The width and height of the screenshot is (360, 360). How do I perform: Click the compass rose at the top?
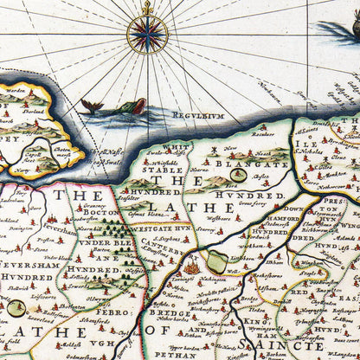tap(147, 35)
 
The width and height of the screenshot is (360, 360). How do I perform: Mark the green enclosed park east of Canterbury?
tap(215, 261)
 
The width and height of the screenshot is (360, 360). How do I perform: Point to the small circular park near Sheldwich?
tap(16, 306)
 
